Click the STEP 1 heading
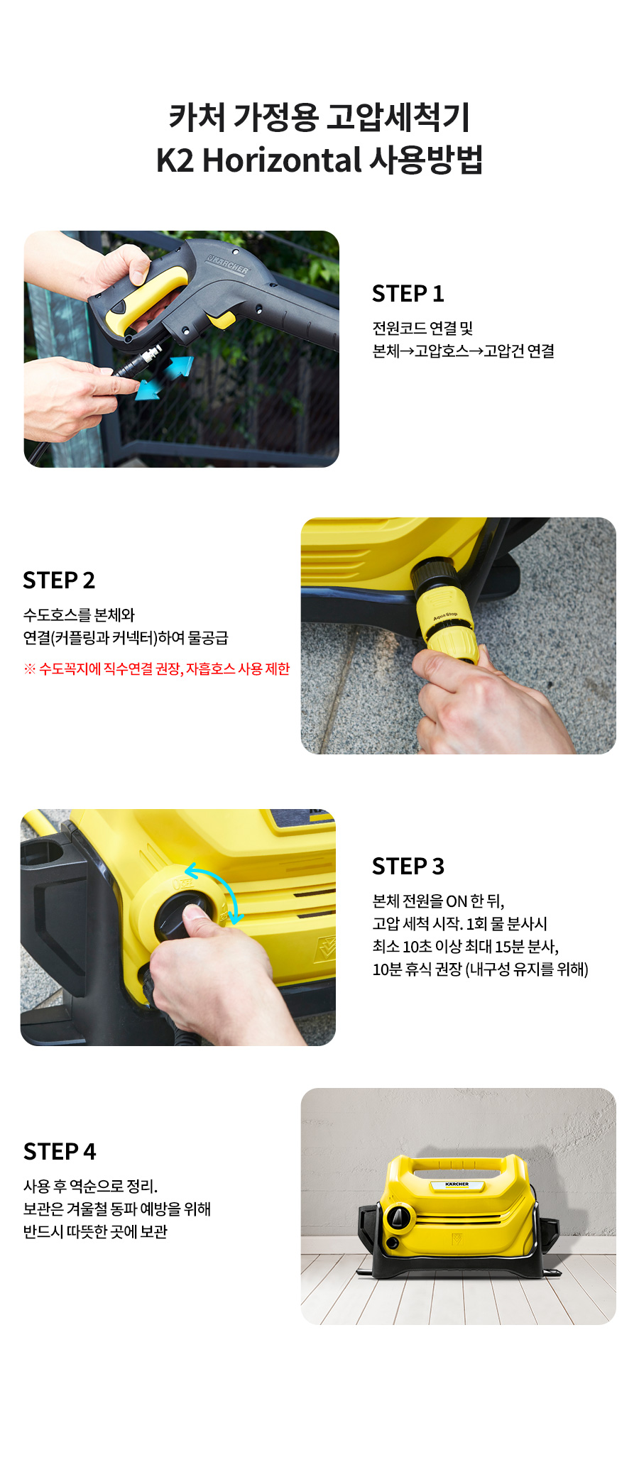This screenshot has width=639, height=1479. [x=408, y=294]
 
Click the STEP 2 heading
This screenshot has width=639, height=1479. [x=59, y=581]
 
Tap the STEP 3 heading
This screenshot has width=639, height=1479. [x=408, y=867]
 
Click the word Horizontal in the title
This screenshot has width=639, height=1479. [x=283, y=160]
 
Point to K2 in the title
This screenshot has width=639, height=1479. [x=175, y=160]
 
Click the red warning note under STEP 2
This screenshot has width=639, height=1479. [x=157, y=669]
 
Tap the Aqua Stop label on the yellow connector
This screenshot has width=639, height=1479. [x=445, y=616]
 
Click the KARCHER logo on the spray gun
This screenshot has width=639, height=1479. [x=227, y=263]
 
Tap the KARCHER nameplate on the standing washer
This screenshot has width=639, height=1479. [x=457, y=1184]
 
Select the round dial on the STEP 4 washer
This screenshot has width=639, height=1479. [x=398, y=1218]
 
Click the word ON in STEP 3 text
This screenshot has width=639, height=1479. [x=457, y=901]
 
